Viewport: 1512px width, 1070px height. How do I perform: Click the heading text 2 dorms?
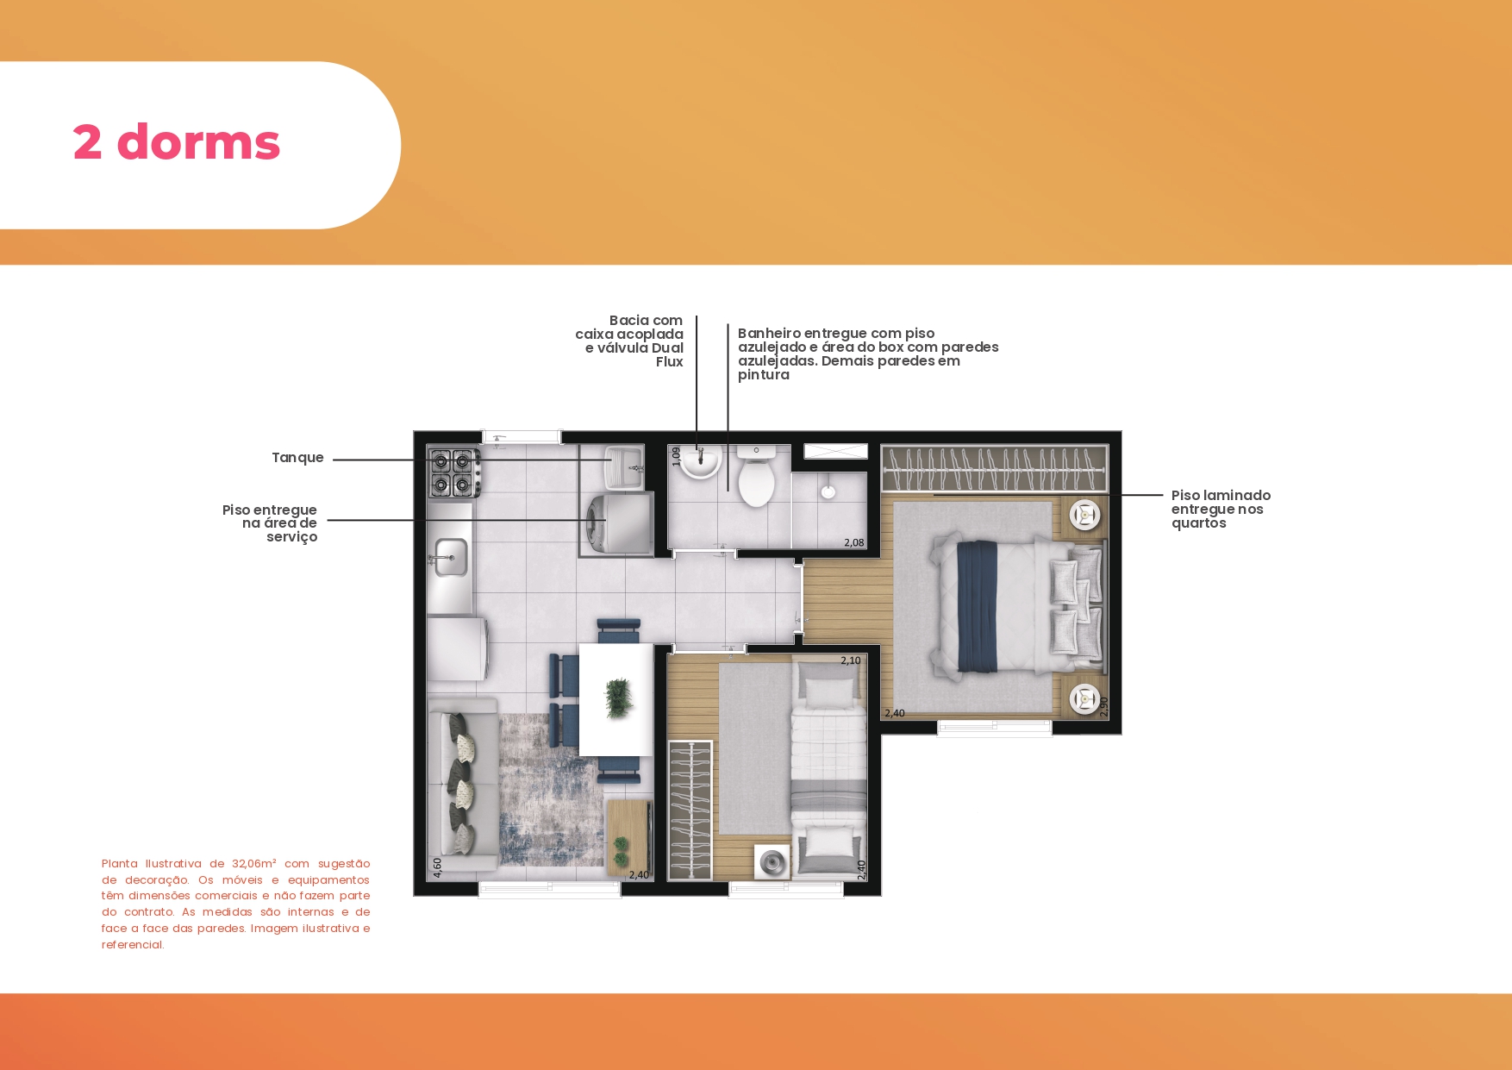coord(177,142)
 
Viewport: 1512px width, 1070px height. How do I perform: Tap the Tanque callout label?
coord(297,458)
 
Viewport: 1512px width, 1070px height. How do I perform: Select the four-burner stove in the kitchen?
coord(454,472)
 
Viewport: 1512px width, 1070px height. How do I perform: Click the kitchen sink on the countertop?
coord(450,558)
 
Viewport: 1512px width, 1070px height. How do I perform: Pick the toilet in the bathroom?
coord(756,477)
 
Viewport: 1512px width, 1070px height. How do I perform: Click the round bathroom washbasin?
coord(700,462)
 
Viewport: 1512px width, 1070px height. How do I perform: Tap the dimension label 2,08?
coord(853,542)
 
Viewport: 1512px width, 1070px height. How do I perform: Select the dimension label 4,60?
coord(438,867)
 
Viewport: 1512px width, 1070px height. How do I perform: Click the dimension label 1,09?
coord(676,456)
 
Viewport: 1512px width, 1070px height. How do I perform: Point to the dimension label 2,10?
coord(850,660)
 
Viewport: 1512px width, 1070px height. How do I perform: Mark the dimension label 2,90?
coord(1103,706)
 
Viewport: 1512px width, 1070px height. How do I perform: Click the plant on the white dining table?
coord(618,698)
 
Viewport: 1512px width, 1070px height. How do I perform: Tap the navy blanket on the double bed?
coord(976,606)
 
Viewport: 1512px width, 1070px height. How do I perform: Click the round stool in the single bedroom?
coord(772,861)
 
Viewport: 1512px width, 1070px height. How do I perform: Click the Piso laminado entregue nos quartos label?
coord(1221,509)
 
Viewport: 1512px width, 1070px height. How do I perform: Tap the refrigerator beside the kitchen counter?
coord(458,648)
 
